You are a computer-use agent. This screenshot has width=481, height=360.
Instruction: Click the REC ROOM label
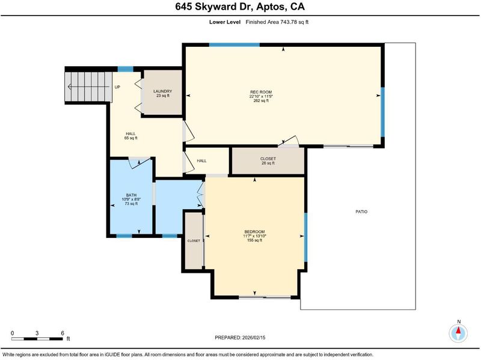click(x=261, y=92)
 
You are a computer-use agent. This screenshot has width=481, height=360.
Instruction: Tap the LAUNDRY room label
click(x=162, y=91)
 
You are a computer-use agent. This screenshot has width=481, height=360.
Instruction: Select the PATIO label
click(x=361, y=212)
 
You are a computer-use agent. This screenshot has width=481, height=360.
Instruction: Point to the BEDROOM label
click(x=254, y=231)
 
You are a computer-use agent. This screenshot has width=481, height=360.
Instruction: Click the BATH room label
click(x=131, y=195)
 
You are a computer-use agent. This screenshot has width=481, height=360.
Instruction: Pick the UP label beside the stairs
click(x=117, y=87)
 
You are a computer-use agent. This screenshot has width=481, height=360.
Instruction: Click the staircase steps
click(x=88, y=87)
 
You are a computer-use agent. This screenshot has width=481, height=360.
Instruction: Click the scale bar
click(x=37, y=339)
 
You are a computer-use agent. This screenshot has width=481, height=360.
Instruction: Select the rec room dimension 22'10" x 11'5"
click(x=261, y=96)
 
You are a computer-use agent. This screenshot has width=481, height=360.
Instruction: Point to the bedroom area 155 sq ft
click(x=254, y=240)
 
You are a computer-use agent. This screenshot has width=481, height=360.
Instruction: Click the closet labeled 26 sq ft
click(x=268, y=161)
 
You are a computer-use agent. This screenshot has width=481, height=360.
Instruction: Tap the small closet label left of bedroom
click(x=194, y=241)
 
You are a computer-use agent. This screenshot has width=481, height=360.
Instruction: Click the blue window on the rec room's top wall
click(x=234, y=45)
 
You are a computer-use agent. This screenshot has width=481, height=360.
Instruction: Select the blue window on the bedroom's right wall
click(x=305, y=237)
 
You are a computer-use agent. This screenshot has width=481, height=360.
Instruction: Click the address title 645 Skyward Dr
click(x=214, y=7)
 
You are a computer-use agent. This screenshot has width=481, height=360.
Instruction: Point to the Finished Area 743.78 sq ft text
click(x=277, y=22)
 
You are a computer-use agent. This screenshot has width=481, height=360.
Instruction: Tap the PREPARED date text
click(x=240, y=338)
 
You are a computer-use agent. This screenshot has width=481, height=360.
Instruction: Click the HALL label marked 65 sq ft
click(x=130, y=136)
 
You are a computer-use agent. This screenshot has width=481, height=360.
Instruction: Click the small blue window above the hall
click(x=126, y=69)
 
